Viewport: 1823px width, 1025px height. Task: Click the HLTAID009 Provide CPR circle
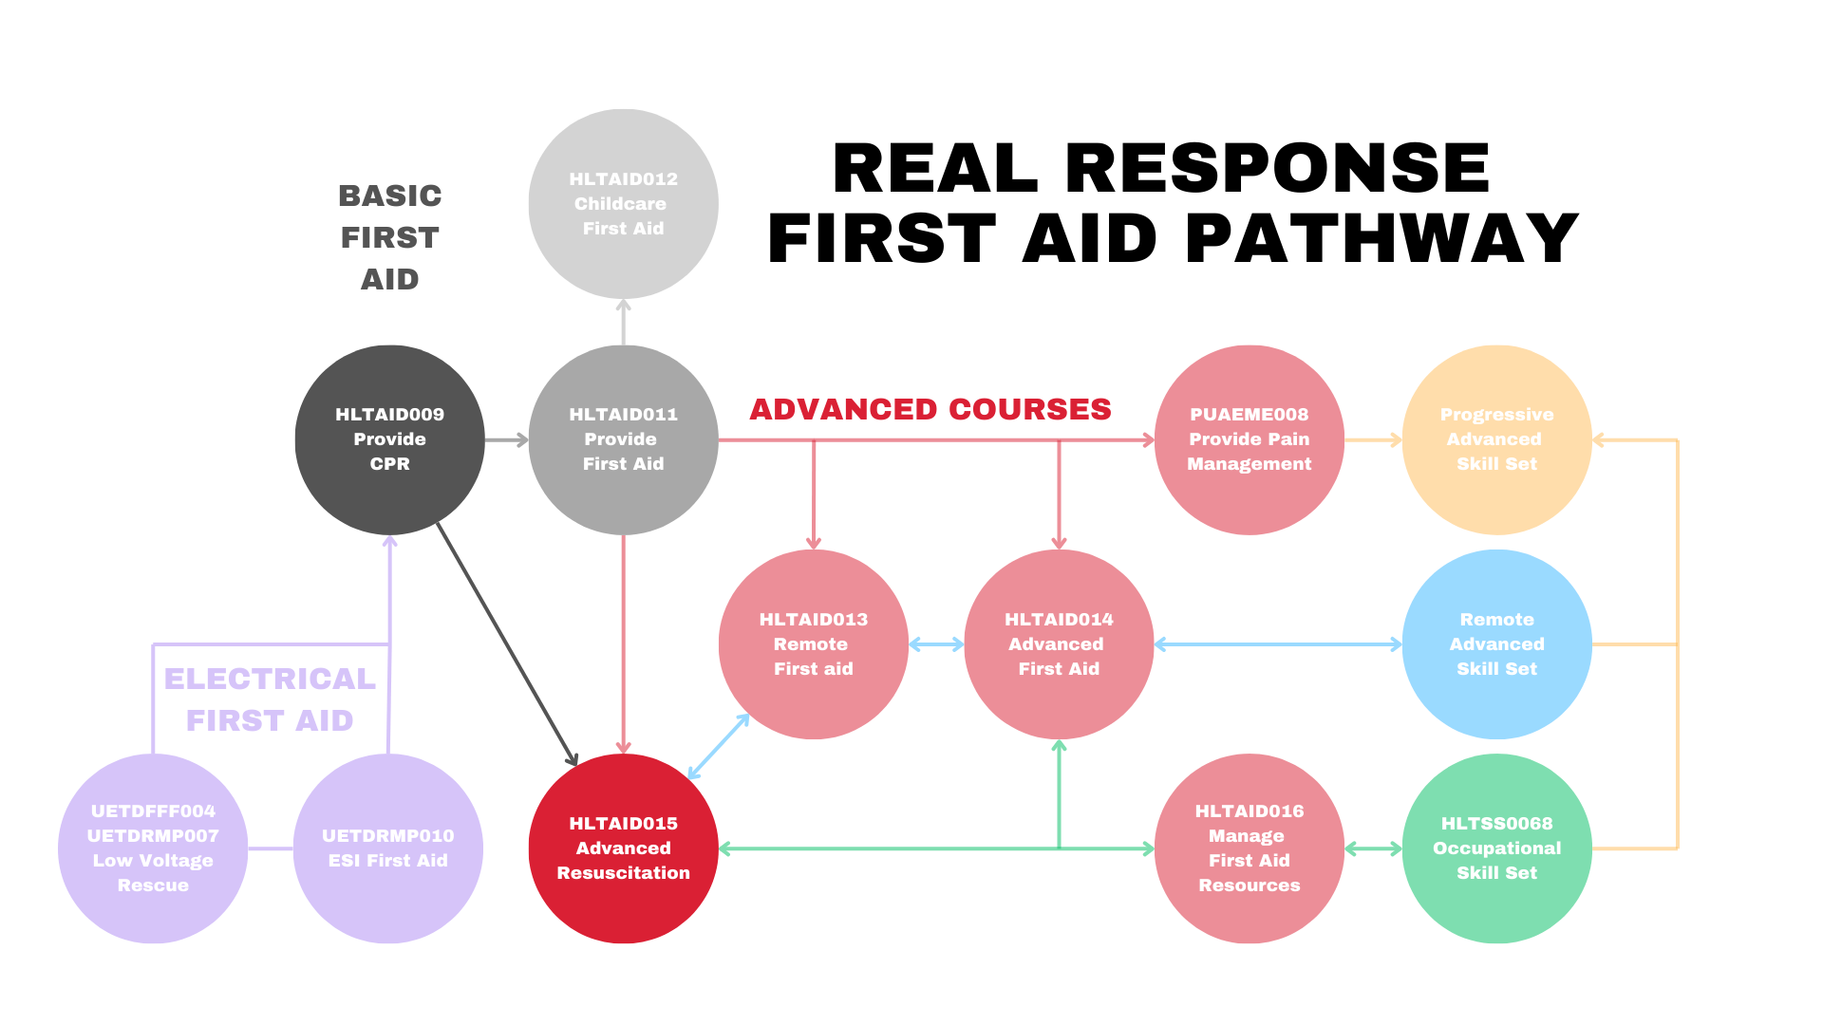click(x=389, y=439)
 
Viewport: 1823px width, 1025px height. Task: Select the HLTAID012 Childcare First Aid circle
click(x=623, y=204)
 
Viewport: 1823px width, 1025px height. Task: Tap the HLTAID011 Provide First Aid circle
click(x=623, y=439)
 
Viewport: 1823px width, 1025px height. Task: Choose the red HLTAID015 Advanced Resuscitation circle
click(x=623, y=848)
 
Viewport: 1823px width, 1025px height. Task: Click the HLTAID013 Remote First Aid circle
click(x=813, y=643)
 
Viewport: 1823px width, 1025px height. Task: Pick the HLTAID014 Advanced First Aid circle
click(x=1059, y=643)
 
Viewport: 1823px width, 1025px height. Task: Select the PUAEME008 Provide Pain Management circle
click(x=1249, y=439)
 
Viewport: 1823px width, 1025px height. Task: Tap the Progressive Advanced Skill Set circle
click(x=1496, y=439)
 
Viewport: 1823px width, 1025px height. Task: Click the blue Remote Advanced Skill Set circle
click(x=1496, y=643)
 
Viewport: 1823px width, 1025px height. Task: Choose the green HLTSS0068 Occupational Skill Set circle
click(x=1496, y=848)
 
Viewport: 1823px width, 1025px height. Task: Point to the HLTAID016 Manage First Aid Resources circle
click(x=1249, y=848)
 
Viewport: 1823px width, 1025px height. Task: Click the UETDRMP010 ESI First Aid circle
click(x=387, y=848)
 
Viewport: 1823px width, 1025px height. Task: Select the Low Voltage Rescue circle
click(x=153, y=848)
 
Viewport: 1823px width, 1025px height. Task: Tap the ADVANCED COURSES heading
click(x=930, y=409)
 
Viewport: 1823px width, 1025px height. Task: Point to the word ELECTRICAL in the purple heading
click(x=270, y=679)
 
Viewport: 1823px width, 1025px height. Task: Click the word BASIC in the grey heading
click(x=390, y=196)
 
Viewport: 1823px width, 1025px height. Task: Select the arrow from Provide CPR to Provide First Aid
click(x=506, y=439)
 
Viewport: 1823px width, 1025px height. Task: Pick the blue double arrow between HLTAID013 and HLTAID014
click(x=936, y=644)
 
